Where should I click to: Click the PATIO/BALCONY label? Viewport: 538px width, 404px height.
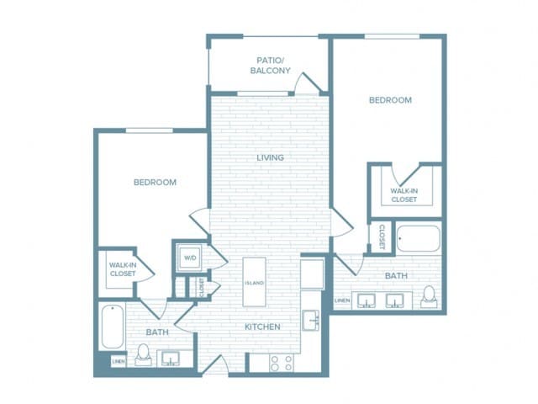(274, 65)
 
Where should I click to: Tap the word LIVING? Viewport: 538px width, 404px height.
(270, 157)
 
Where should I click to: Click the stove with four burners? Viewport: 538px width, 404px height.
(281, 363)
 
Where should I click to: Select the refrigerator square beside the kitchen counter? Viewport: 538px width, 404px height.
(312, 274)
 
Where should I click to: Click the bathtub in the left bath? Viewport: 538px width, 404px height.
(113, 327)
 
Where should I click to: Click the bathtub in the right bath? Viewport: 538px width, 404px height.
(418, 240)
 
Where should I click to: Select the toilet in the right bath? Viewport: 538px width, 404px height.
(429, 296)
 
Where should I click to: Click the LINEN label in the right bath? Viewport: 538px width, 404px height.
(342, 300)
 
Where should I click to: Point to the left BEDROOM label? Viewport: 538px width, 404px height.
(155, 183)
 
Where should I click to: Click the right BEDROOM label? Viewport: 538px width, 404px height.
(390, 100)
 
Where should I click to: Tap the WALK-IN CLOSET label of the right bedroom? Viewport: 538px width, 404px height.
(403, 195)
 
